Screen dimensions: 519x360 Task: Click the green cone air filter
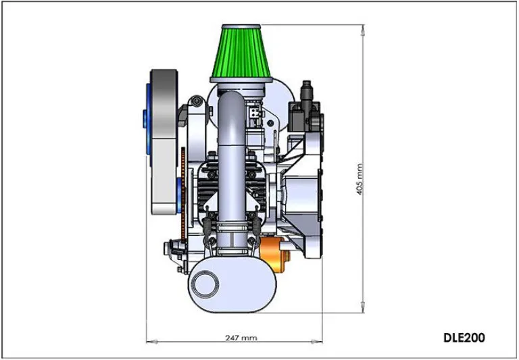tap(241, 53)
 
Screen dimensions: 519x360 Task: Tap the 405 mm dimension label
tap(360, 179)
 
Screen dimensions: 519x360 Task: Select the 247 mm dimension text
tap(241, 338)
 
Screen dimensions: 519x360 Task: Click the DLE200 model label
tap(464, 338)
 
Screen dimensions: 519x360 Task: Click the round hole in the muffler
tap(206, 284)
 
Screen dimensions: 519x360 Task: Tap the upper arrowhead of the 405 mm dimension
tap(363, 30)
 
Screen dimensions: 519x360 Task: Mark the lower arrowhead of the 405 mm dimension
tap(363, 307)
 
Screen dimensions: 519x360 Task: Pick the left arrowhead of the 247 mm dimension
tap(152, 341)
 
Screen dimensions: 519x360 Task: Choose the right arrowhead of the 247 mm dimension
tap(316, 341)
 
